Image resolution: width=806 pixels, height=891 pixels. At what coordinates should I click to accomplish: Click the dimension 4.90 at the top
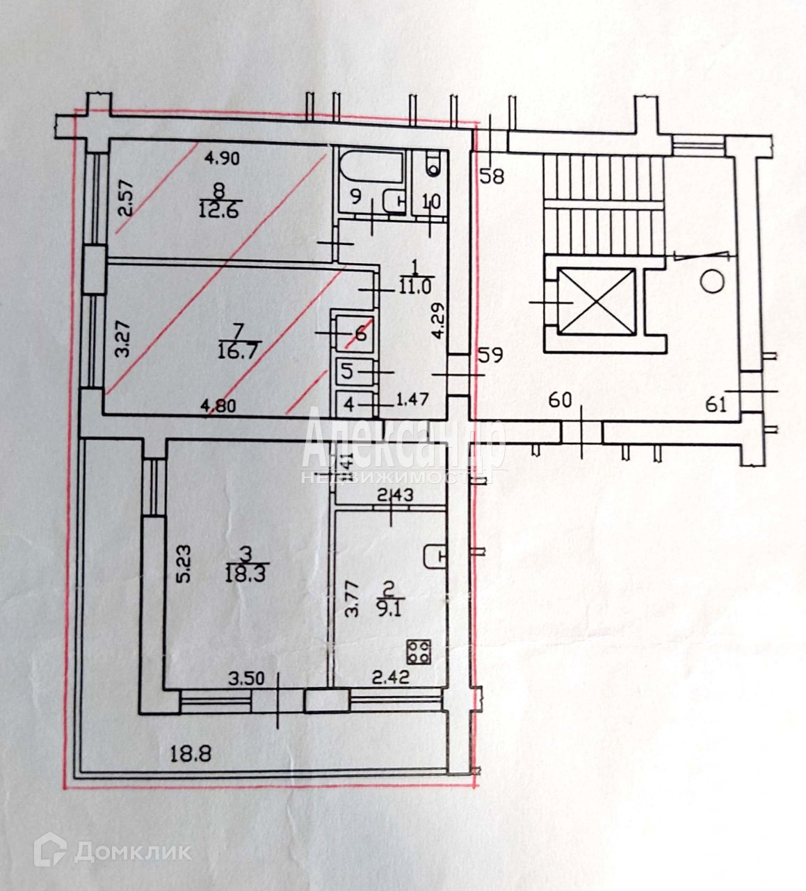pyautogui.click(x=221, y=158)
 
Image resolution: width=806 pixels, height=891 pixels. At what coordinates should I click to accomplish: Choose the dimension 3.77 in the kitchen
pyautogui.click(x=353, y=600)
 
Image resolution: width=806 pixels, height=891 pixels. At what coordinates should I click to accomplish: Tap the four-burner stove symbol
pyautogui.click(x=419, y=652)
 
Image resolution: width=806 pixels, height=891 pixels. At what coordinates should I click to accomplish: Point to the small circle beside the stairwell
pyautogui.click(x=711, y=282)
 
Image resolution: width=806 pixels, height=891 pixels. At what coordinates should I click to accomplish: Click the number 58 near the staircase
pyautogui.click(x=492, y=177)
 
